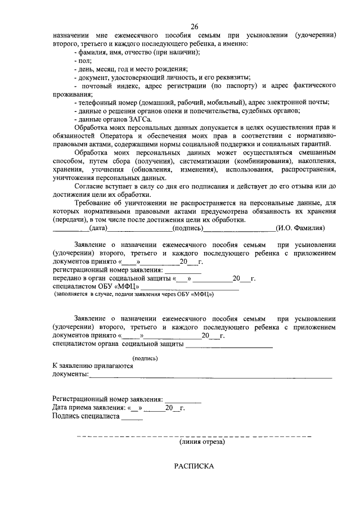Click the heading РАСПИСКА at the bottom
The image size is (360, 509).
(194, 466)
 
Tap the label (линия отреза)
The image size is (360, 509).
(202, 442)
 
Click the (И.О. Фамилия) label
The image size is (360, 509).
(300, 228)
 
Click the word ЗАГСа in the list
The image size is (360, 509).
(141, 119)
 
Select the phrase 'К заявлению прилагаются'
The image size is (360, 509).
(93, 366)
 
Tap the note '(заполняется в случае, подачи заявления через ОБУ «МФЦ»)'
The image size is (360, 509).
(134, 294)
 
